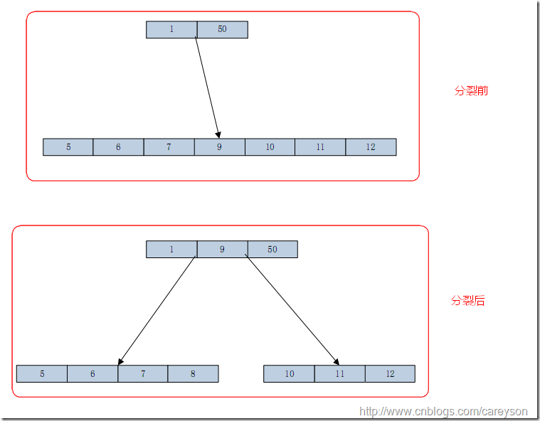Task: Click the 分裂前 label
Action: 471,91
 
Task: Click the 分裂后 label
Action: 468,301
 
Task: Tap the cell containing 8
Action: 193,373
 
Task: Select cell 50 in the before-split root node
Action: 222,29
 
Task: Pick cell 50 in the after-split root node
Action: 272,249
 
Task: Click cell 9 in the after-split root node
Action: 222,249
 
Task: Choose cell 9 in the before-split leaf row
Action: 219,147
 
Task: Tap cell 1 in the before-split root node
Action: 171,29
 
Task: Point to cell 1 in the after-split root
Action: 171,249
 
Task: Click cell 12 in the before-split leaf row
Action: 371,147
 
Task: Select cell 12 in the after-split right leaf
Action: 390,373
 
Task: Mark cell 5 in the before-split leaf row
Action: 68,147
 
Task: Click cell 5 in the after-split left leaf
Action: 42,373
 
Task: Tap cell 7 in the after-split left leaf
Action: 143,373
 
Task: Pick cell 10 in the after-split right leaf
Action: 289,373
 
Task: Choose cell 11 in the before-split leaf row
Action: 320,147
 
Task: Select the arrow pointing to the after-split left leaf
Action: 157,311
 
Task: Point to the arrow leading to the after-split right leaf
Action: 292,311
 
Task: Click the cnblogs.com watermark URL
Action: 444,411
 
